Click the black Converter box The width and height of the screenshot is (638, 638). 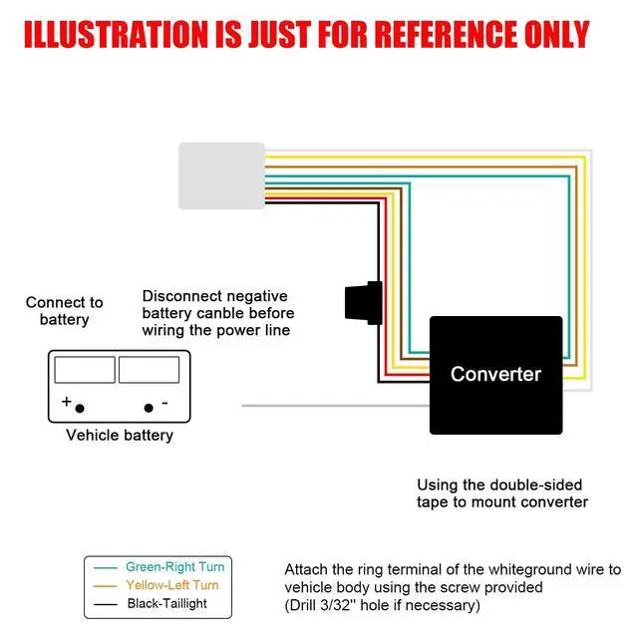point(495,375)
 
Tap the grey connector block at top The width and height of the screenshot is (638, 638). point(221,175)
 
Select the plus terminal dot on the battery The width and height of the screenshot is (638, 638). point(80,408)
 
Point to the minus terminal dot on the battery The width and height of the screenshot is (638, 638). point(150,408)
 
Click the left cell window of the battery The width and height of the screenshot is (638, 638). point(84,370)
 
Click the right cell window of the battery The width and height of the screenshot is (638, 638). point(149,370)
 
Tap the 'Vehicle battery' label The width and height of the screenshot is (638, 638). point(120,435)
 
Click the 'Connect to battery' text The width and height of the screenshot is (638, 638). point(65,311)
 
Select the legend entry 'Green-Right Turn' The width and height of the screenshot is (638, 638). point(174,567)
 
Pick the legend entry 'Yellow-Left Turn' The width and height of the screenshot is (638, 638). point(171,585)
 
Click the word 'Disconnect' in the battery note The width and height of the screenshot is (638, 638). point(183,296)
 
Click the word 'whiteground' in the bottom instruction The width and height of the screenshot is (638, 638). point(494,569)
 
